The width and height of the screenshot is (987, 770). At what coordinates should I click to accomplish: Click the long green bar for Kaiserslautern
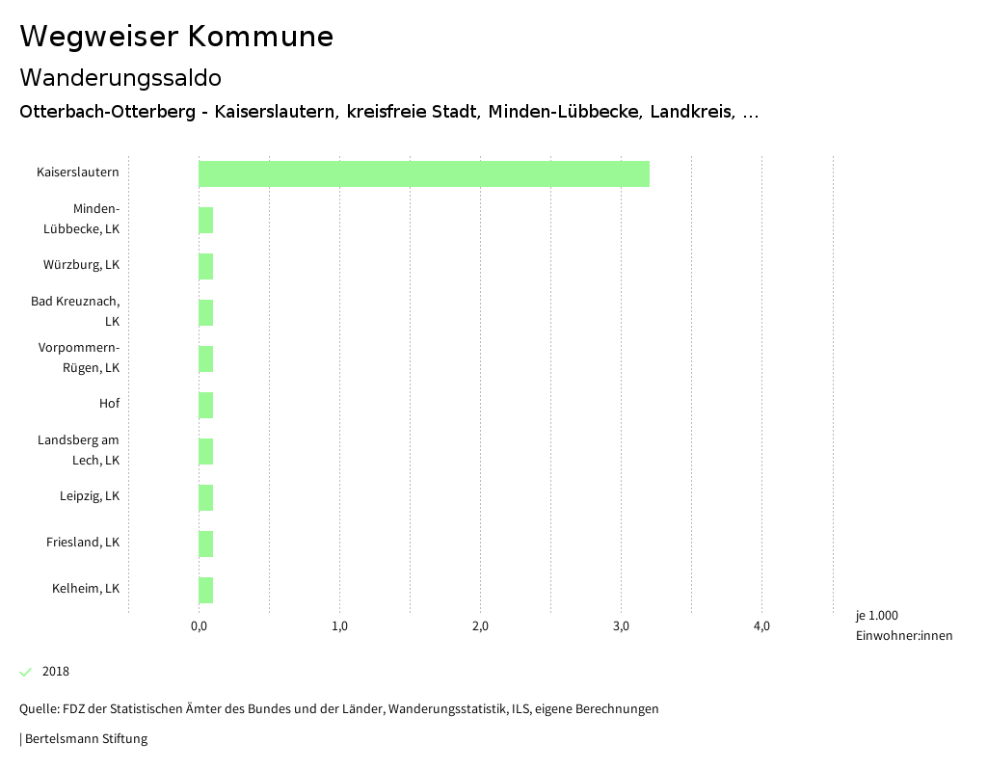[x=424, y=173]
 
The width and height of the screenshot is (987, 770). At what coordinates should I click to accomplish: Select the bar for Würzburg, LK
[x=205, y=266]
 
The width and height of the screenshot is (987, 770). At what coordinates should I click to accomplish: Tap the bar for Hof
[x=205, y=405]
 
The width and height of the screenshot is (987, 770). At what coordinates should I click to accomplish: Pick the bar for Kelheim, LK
[x=205, y=590]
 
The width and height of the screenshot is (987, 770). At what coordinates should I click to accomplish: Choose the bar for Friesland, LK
[x=205, y=544]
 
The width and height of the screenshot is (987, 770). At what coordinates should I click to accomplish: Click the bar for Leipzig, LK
[x=205, y=497]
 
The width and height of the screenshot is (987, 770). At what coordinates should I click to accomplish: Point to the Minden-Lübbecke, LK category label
[x=83, y=219]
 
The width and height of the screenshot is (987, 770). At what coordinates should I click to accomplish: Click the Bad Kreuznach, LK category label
[x=76, y=311]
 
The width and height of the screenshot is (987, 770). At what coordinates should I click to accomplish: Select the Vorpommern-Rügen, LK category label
[x=80, y=358]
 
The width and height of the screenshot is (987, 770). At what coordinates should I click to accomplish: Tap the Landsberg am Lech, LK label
[x=79, y=450]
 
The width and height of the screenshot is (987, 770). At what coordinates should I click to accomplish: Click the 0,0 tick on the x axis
[x=199, y=626]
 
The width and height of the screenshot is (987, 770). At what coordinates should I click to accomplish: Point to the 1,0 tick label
[x=339, y=626]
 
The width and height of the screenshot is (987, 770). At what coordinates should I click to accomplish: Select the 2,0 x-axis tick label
[x=480, y=626]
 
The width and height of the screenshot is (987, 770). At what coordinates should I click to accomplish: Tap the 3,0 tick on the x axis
[x=621, y=626]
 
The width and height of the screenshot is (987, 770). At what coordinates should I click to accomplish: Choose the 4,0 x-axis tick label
[x=761, y=626]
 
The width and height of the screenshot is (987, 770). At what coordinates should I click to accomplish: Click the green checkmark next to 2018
[x=26, y=672]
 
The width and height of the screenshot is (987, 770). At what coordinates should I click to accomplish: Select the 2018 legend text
[x=56, y=672]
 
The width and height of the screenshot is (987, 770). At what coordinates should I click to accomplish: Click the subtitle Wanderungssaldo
[x=120, y=77]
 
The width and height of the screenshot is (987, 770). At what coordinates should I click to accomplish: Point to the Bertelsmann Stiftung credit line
[x=85, y=739]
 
